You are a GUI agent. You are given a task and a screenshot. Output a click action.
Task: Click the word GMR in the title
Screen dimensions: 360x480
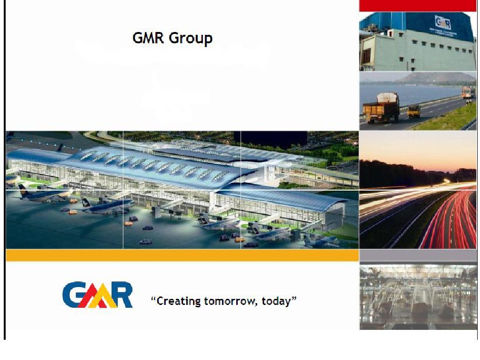(148, 38)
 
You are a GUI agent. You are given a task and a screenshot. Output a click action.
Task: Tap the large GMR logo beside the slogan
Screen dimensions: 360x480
(97, 295)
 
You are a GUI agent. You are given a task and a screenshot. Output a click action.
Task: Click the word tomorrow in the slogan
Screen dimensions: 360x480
(230, 301)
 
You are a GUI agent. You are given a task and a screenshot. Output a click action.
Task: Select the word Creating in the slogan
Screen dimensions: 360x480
(179, 301)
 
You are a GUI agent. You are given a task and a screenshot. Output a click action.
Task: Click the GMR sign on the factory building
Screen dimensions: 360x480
(443, 23)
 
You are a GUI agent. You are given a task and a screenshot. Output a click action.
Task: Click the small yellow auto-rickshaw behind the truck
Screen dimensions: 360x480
(414, 111)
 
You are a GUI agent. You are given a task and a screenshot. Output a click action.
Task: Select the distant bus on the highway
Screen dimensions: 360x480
(468, 92)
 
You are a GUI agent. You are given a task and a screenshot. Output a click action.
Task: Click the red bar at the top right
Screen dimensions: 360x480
(418, 6)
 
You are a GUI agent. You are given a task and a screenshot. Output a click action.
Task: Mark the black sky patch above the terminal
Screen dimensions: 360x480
(273, 138)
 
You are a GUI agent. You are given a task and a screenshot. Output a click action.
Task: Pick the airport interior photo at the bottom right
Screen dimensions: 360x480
(418, 296)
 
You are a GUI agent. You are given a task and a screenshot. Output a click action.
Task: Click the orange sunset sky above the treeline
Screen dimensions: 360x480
(418, 148)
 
